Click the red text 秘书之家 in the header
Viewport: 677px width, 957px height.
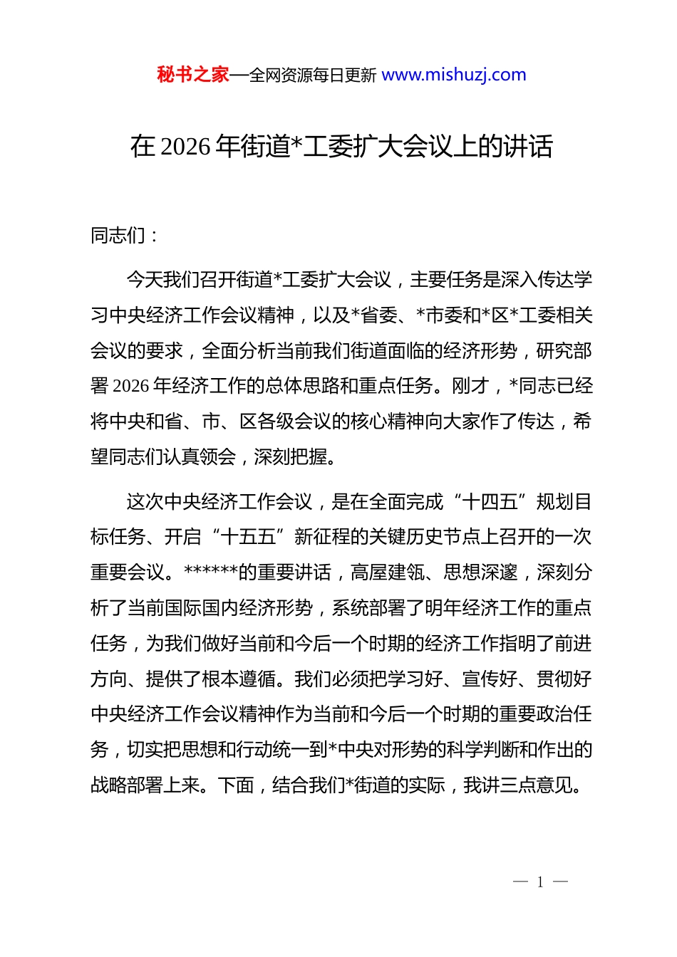click(193, 75)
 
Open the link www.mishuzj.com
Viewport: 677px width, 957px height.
click(454, 75)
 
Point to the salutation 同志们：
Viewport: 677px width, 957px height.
click(125, 235)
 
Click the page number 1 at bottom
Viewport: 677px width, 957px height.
click(540, 882)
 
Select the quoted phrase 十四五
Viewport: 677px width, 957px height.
click(490, 502)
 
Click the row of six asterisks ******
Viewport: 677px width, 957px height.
click(210, 572)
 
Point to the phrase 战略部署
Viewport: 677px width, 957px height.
click(127, 785)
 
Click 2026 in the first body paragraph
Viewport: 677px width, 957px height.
click(132, 386)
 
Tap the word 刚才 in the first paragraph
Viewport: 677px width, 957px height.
click(470, 386)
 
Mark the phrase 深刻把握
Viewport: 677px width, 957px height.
click(291, 457)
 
